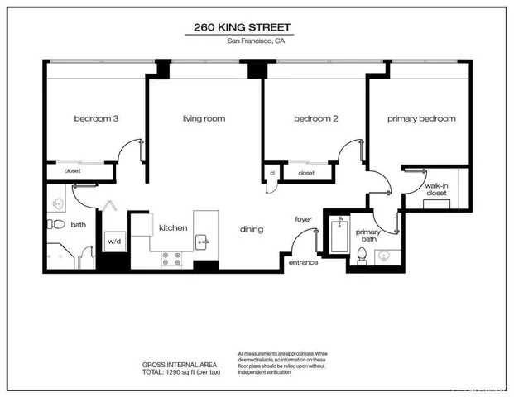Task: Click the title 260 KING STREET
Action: click(x=243, y=26)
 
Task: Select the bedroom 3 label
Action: click(x=96, y=119)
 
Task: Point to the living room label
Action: click(x=204, y=119)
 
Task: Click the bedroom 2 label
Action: click(x=316, y=119)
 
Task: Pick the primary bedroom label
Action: click(x=421, y=119)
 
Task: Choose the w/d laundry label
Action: click(x=114, y=242)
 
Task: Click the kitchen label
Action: click(x=173, y=227)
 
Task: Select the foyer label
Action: click(x=303, y=219)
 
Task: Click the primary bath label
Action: click(x=367, y=237)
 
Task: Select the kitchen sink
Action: click(x=201, y=242)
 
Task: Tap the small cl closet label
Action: click(x=271, y=173)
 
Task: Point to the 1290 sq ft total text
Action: click(x=181, y=372)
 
